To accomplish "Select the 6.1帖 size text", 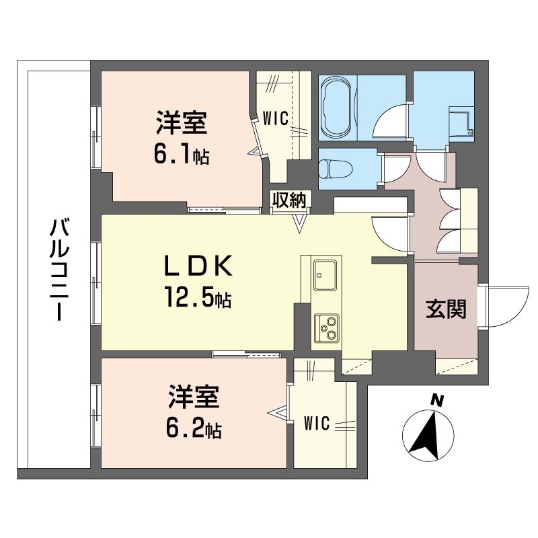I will pos(181,156).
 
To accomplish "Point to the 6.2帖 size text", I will pos(194,427).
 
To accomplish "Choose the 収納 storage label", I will pos(290,200).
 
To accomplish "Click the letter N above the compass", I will pos(437,401).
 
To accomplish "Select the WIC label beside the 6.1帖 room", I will pos(276,119).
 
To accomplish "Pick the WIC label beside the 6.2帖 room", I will pos(316,424).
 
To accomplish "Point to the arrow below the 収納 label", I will pos(299,221).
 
